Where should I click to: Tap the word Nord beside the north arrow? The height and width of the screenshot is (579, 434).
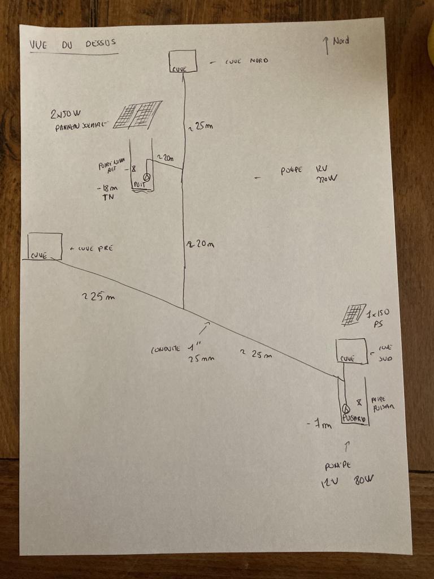click(341, 41)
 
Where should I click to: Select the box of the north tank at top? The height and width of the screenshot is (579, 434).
click(183, 61)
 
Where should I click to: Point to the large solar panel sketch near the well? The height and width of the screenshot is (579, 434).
click(138, 115)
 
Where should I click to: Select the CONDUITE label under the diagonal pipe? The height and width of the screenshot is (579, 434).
click(167, 349)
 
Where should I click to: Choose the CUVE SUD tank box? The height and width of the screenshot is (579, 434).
click(351, 351)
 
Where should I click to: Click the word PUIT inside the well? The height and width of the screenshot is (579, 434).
click(139, 184)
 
